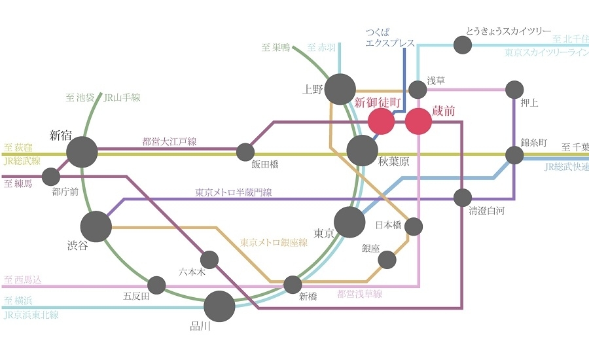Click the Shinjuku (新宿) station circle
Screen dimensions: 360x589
click(x=82, y=152)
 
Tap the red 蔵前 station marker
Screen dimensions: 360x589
click(x=418, y=122)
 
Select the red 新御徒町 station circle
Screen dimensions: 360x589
click(x=381, y=121)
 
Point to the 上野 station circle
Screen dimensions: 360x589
click(x=340, y=89)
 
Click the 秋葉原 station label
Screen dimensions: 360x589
click(x=393, y=162)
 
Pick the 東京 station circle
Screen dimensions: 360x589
click(x=349, y=222)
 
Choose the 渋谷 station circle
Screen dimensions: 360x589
click(x=96, y=226)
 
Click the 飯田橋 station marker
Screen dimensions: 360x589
click(x=245, y=152)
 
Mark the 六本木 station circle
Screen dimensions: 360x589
click(x=210, y=260)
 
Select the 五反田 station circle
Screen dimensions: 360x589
click(x=156, y=285)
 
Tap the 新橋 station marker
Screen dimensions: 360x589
click(x=293, y=285)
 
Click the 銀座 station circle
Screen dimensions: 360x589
click(x=387, y=260)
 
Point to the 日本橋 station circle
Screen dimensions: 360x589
click(x=414, y=226)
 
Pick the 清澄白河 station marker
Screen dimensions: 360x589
click(x=463, y=197)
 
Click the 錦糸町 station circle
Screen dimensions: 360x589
click(x=514, y=155)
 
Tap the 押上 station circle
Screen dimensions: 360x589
click(x=514, y=89)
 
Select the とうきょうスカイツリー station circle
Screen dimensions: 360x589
click(x=463, y=45)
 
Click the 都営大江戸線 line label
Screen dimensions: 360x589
click(x=170, y=141)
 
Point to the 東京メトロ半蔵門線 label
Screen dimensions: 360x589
click(x=234, y=192)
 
